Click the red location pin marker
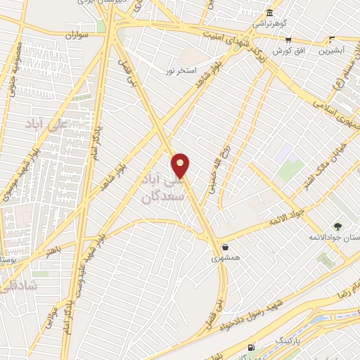(x=181, y=165)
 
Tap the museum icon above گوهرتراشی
(x=270, y=13)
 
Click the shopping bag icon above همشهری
(x=225, y=247)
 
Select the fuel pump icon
(x=252, y=347)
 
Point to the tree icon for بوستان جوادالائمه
(x=337, y=226)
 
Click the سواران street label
(x=72, y=34)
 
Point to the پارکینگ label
(x=286, y=340)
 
